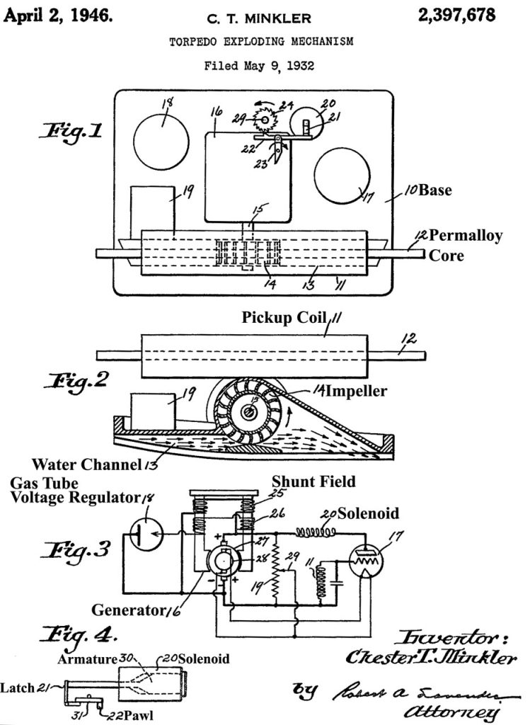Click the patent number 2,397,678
tap(457, 15)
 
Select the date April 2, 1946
tap(58, 15)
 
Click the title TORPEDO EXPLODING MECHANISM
tap(261, 42)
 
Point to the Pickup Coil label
tap(283, 318)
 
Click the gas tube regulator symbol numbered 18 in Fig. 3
tap(144, 533)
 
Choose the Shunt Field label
tap(313, 481)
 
